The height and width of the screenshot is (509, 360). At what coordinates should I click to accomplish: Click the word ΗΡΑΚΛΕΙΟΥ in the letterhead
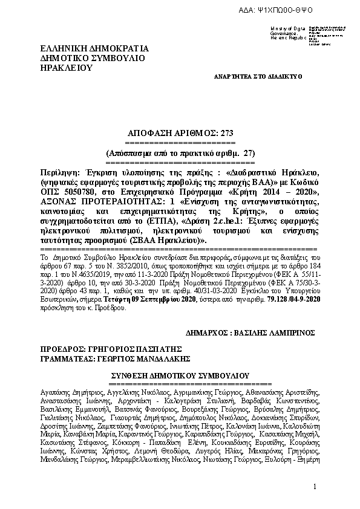(x=66, y=68)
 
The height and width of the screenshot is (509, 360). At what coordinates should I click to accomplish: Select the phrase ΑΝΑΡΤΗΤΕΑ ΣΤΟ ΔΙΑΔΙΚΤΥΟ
(x=258, y=77)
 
